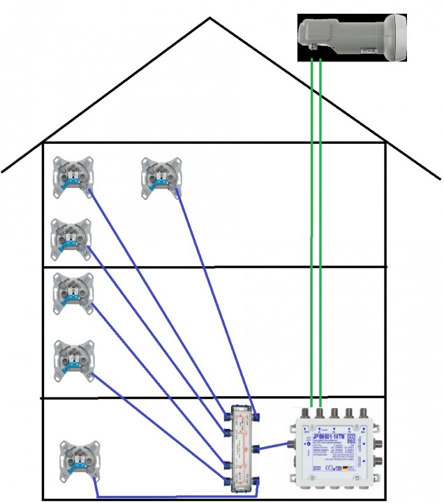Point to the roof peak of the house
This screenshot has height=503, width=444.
click(210, 18)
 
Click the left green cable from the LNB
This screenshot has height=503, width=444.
click(311, 231)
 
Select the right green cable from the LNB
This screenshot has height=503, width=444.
click(321, 231)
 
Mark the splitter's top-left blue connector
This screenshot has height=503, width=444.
click(225, 417)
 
